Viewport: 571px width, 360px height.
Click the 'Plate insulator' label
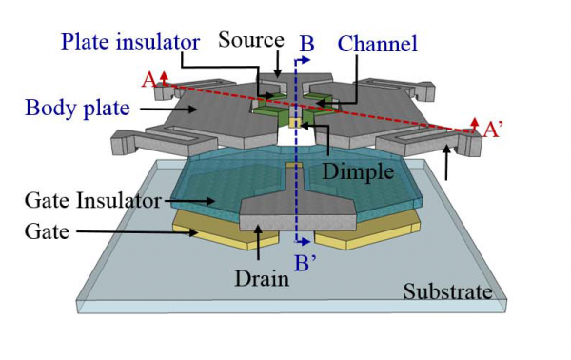(131, 43)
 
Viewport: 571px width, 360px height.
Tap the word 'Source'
(249, 40)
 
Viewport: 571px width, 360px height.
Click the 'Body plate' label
(79, 107)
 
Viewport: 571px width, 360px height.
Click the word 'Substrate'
(445, 290)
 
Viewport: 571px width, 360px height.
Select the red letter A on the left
(149, 82)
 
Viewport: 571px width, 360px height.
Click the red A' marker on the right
(491, 132)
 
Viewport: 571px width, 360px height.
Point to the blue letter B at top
(306, 44)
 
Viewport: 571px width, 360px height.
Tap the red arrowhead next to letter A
(163, 75)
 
